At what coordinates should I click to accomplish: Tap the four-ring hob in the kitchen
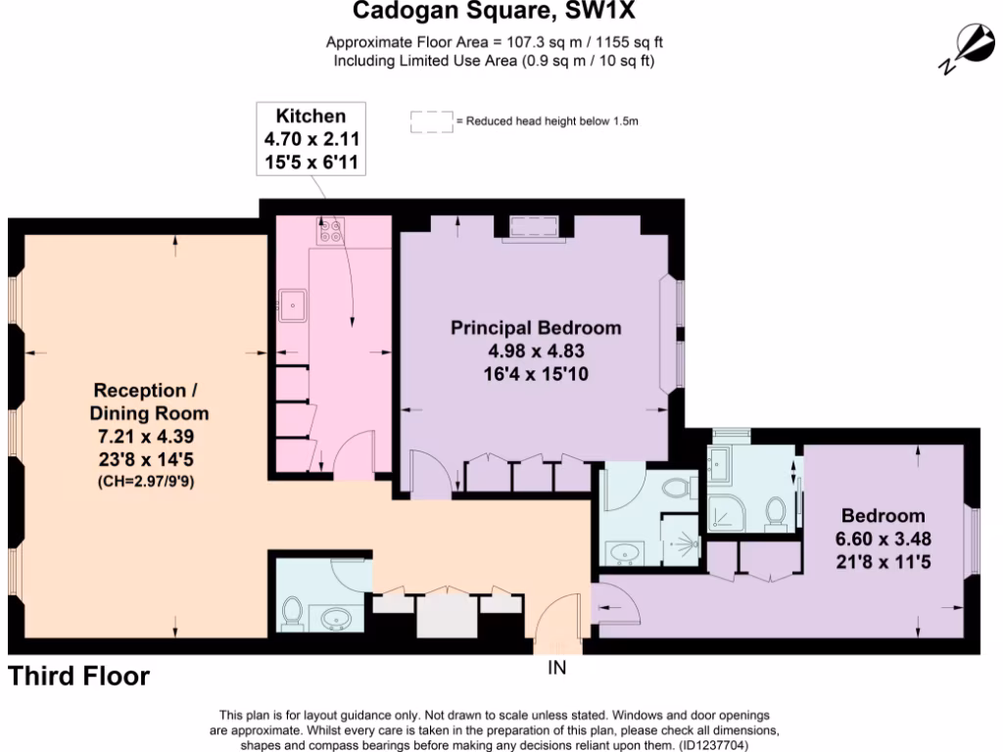[328, 232]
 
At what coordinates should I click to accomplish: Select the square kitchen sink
[291, 305]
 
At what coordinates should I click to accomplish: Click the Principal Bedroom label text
[536, 328]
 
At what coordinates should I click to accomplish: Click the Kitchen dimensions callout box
[310, 138]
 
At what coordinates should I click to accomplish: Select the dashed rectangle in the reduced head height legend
[431, 121]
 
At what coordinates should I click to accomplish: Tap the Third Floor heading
[79, 676]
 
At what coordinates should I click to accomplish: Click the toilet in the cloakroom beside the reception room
[292, 611]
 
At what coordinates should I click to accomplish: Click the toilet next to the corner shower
[776, 512]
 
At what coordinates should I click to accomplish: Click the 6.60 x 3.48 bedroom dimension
[884, 538]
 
